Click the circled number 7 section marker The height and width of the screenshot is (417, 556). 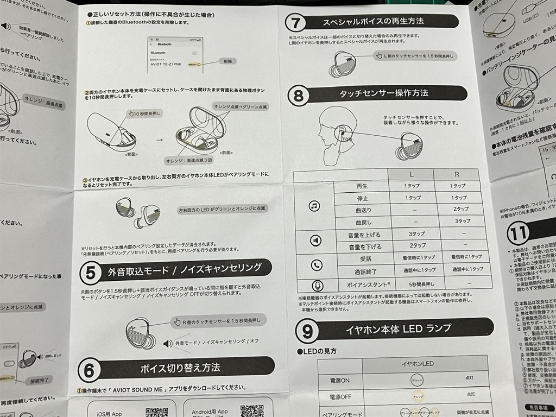296,23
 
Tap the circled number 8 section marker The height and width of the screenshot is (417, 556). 299,96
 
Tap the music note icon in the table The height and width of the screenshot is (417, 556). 314,206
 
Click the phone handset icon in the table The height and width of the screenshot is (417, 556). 317,264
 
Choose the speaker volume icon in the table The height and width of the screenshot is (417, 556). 315,239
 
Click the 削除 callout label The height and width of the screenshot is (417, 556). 228,62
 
